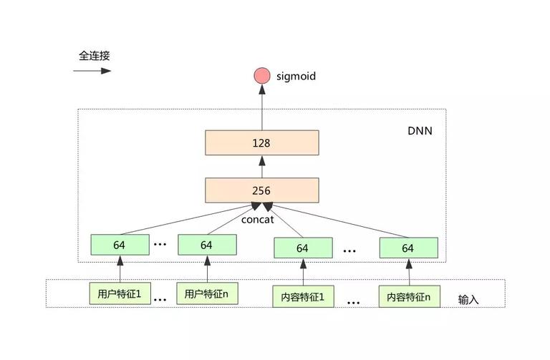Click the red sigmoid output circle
[262, 76]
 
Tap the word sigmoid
[296, 77]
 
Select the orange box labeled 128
[262, 142]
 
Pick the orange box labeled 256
[262, 190]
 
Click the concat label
[258, 220]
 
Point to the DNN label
[420, 131]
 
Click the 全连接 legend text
[94, 55]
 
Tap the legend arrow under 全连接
[92, 71]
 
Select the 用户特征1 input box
[120, 293]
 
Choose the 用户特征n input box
[207, 293]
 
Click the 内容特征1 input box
[303, 296]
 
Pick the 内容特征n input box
[410, 296]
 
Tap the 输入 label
[468, 299]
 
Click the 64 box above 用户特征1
[120, 245]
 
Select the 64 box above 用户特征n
[207, 245]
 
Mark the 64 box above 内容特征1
[303, 248]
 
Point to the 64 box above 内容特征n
[409, 248]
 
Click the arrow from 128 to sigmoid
[262, 107]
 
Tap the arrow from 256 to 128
[262, 167]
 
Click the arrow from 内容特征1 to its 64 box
[303, 272]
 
